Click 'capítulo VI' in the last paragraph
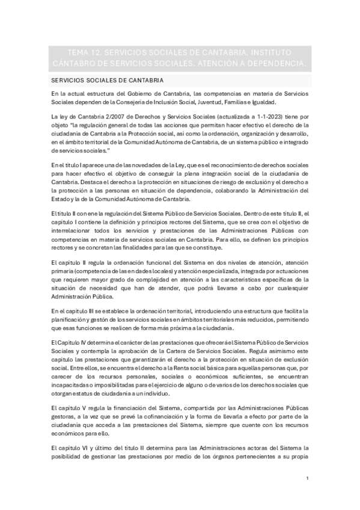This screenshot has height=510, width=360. point(71,448)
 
